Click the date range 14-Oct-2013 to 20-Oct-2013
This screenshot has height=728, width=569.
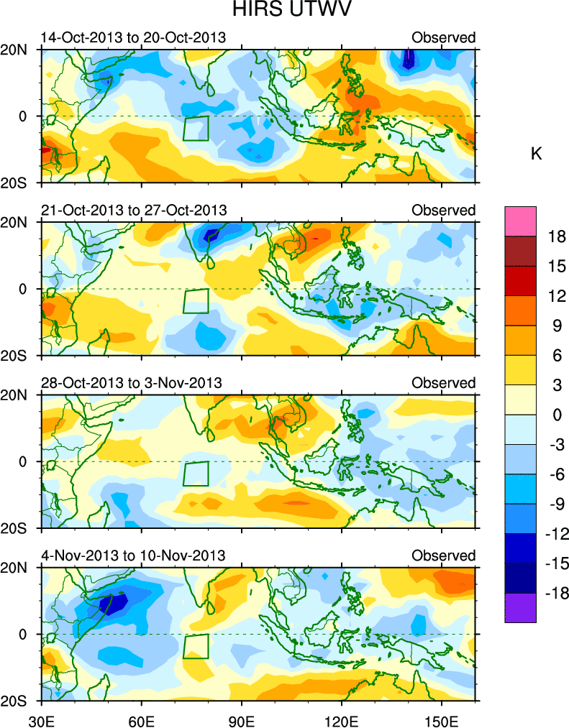click(x=133, y=37)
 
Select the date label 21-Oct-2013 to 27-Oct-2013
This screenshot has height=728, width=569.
click(x=133, y=210)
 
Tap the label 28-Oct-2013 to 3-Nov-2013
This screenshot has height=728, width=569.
click(x=131, y=382)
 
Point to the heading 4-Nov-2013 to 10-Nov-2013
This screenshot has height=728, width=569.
click(x=133, y=556)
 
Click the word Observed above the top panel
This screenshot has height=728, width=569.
click(x=443, y=37)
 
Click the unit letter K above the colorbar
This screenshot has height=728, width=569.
click(x=536, y=154)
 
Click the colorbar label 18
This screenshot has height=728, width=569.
click(x=556, y=236)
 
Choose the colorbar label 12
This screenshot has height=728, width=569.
click(x=556, y=296)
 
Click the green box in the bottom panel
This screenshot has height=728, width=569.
click(x=196, y=646)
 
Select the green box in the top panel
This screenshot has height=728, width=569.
click(x=196, y=129)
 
